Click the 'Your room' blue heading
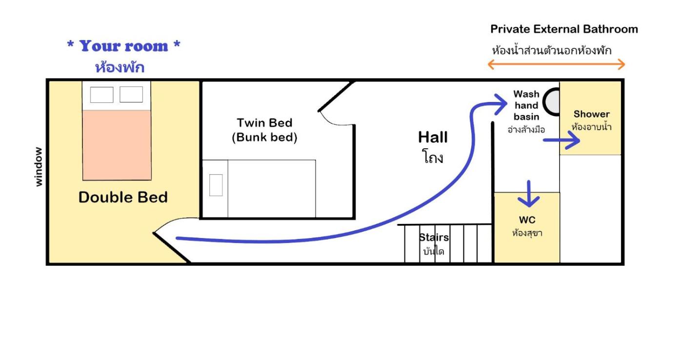(123, 46)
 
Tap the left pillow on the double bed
(102, 95)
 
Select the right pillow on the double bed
(131, 94)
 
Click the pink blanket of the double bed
(117, 145)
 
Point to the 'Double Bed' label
(123, 197)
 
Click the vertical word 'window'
(39, 167)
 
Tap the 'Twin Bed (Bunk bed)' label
(264, 130)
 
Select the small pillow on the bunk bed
(216, 185)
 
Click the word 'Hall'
(433, 137)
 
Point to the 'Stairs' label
(434, 237)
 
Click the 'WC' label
(527, 220)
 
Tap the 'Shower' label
(591, 114)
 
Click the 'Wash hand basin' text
(526, 105)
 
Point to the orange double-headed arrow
(557, 64)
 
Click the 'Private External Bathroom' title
(564, 29)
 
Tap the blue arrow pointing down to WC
(529, 194)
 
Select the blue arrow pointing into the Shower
(562, 140)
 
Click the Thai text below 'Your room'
(120, 67)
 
